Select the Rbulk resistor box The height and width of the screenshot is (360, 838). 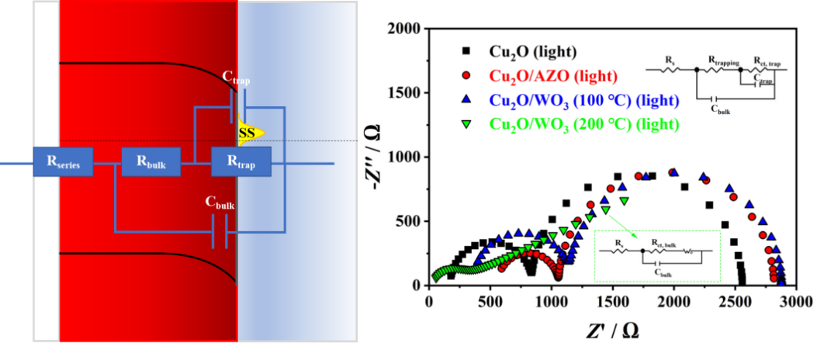151,162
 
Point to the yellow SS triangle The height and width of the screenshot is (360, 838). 251,133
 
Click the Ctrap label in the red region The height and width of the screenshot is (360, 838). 236,78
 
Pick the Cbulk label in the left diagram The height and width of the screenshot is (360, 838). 220,203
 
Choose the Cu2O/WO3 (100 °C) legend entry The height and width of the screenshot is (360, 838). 583,100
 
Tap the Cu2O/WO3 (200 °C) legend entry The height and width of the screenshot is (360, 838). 583,123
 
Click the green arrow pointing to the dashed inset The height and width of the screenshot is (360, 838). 621,225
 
